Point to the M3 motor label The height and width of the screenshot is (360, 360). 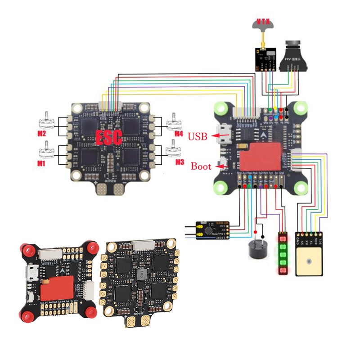tap(180, 162)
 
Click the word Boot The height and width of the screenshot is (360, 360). tap(201, 166)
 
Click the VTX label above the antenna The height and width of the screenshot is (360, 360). tap(263, 21)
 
